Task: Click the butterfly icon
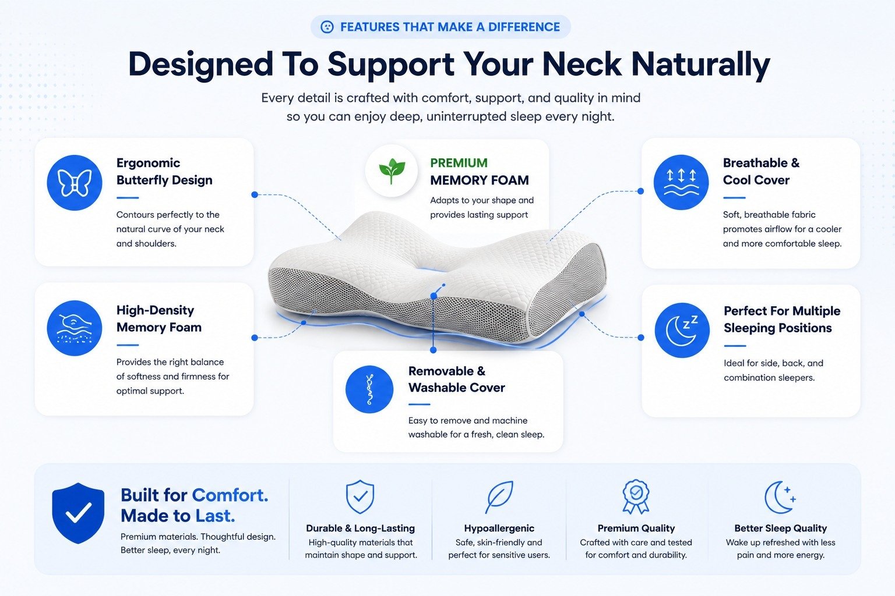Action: click(75, 183)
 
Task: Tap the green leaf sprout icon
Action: click(392, 171)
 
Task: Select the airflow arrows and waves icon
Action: click(681, 182)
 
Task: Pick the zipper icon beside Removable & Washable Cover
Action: click(369, 389)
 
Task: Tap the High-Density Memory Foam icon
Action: click(75, 328)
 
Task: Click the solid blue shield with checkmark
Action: click(78, 513)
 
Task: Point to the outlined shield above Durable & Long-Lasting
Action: click(360, 496)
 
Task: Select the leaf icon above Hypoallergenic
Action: click(499, 497)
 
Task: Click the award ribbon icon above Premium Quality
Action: click(636, 496)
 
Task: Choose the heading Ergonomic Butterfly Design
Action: click(164, 171)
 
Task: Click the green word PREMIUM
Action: click(459, 163)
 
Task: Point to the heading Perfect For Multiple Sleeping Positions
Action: click(782, 320)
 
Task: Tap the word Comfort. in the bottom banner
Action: click(230, 495)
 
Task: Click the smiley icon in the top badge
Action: click(327, 27)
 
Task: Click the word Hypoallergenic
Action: click(499, 528)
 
